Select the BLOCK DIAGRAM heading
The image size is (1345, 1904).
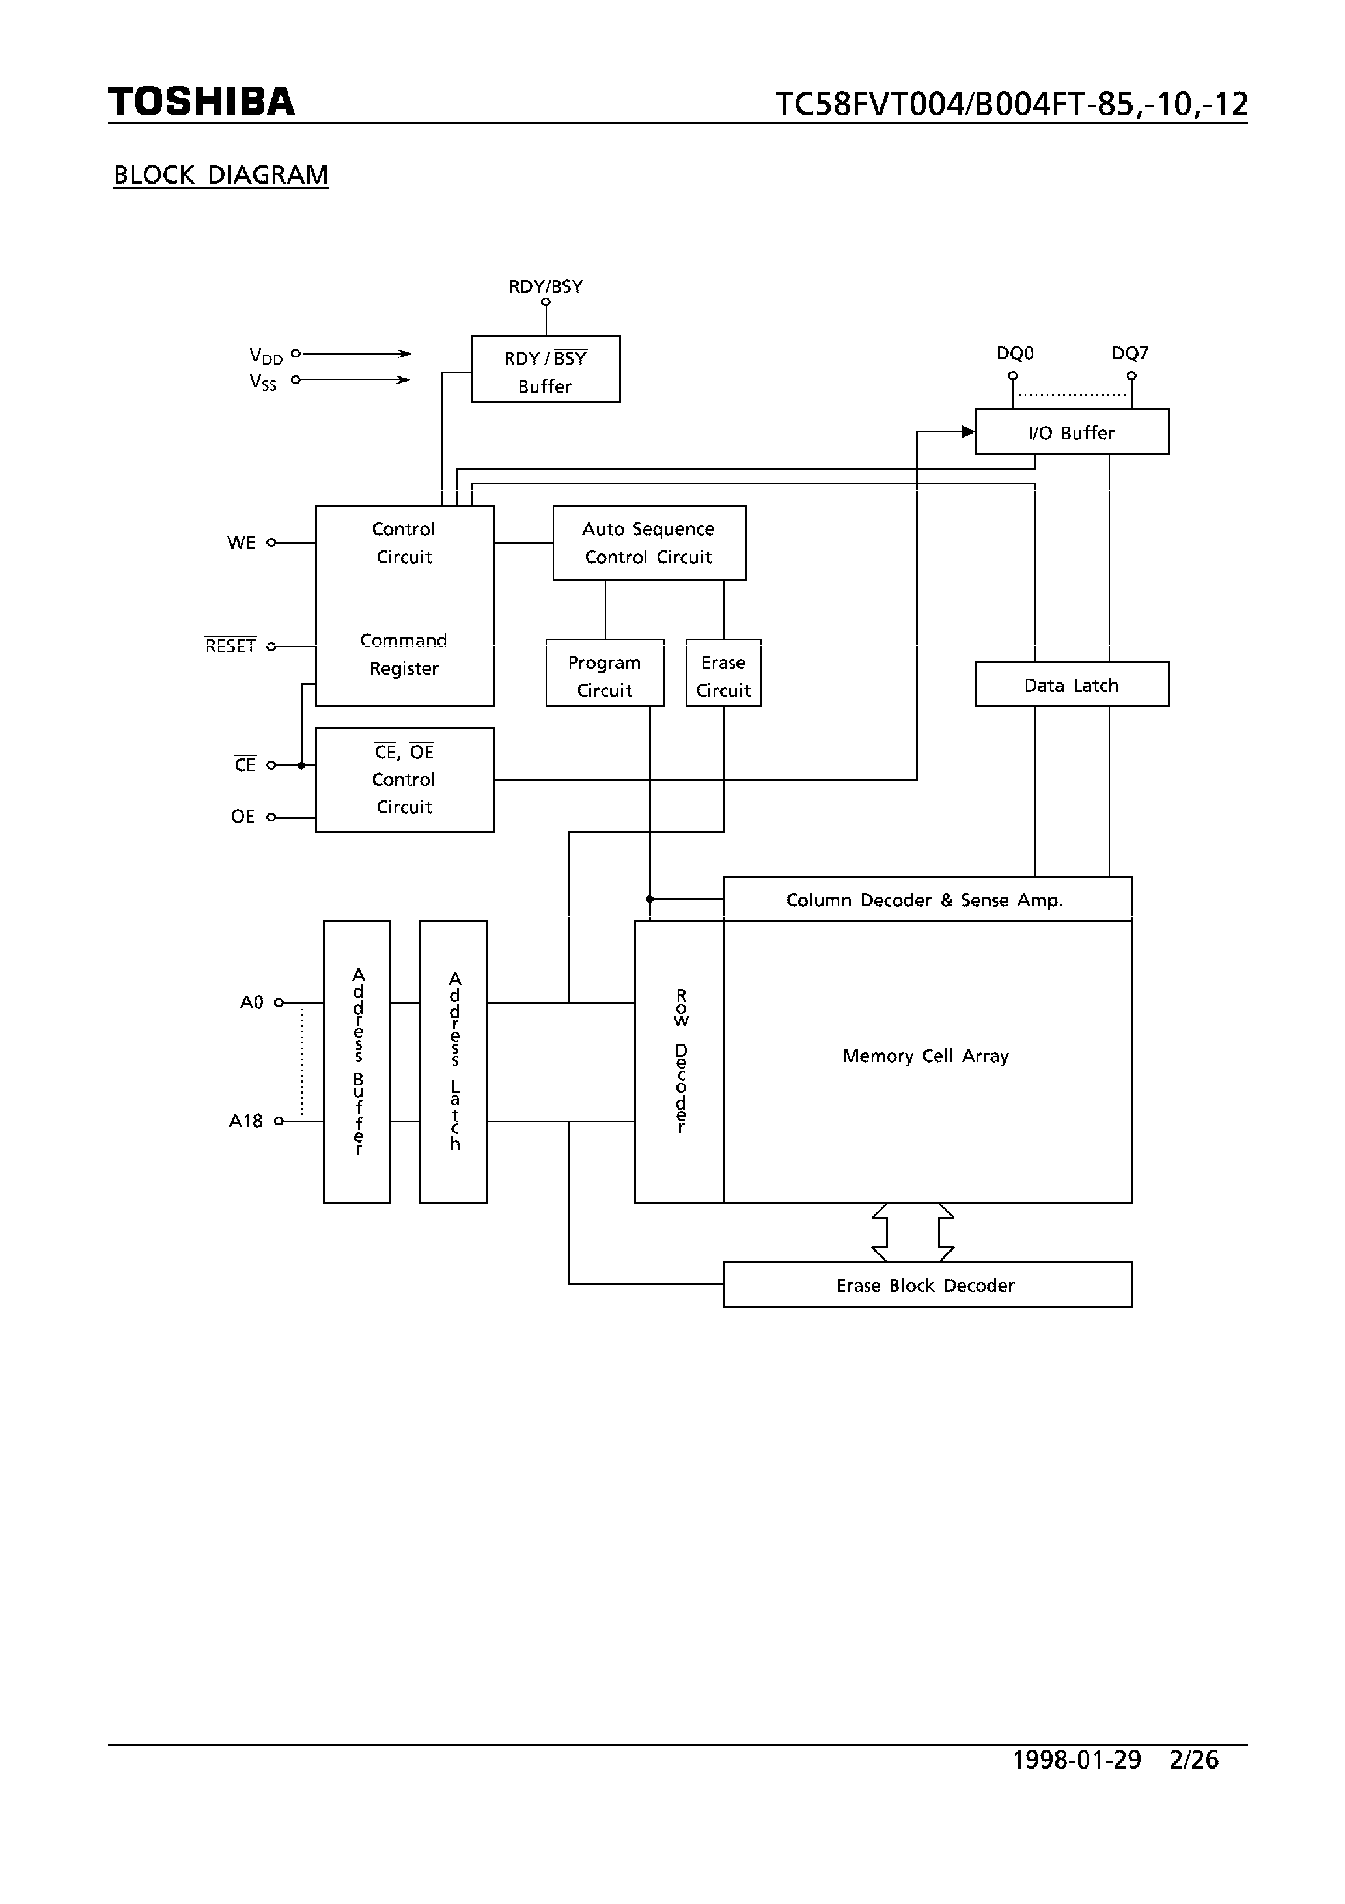pyautogui.click(x=221, y=175)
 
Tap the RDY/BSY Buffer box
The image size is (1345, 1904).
pyautogui.click(x=546, y=369)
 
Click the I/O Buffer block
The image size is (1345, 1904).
pyautogui.click(x=1072, y=432)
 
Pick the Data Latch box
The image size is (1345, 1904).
pyautogui.click(x=1072, y=684)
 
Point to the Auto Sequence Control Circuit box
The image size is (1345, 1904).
pyautogui.click(x=649, y=543)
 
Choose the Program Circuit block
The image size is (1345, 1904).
pyautogui.click(x=605, y=673)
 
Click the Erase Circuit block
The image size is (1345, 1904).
pyautogui.click(x=723, y=673)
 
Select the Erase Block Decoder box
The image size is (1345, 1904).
pyautogui.click(x=927, y=1285)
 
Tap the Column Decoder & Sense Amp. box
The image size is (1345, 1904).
pyautogui.click(x=927, y=900)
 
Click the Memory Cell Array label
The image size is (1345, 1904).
pyautogui.click(x=925, y=1056)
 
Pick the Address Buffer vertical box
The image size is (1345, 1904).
pyautogui.click(x=357, y=1061)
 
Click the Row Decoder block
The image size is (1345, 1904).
pyautogui.click(x=679, y=1061)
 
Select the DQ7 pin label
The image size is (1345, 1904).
pyautogui.click(x=1130, y=354)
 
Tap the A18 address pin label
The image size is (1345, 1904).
pyautogui.click(x=245, y=1121)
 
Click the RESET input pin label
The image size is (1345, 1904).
pyautogui.click(x=230, y=646)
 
